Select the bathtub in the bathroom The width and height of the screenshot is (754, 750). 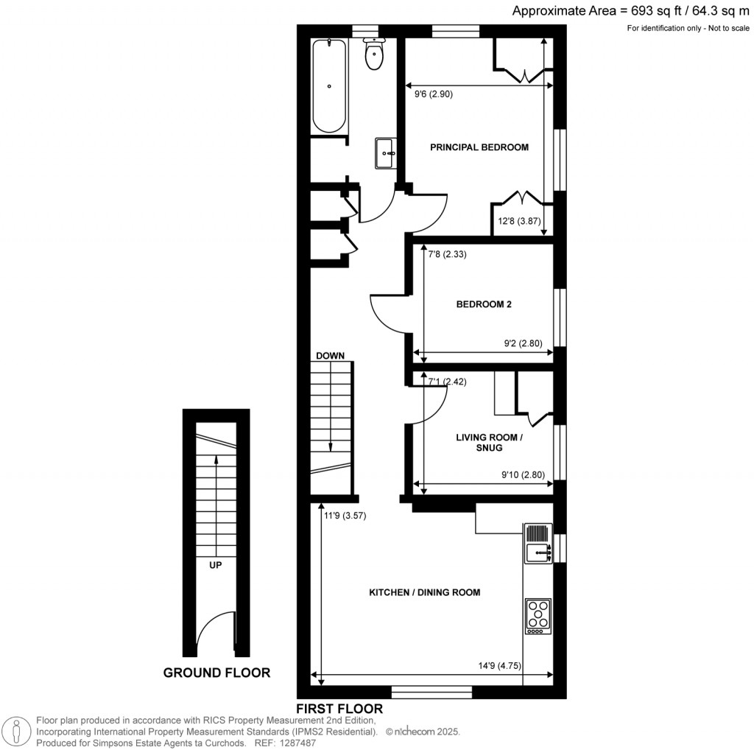(x=329, y=86)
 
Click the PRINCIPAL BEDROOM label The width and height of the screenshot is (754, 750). (x=479, y=147)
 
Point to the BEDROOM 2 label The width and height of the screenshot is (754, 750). (x=484, y=304)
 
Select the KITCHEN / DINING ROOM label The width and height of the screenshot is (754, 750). (x=425, y=592)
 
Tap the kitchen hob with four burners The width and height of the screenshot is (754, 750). (x=538, y=617)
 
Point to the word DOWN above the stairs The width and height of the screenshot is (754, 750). (x=331, y=356)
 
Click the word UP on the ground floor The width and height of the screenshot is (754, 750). (x=216, y=565)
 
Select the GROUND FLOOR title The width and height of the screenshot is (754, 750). (x=216, y=673)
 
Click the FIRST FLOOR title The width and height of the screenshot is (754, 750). (x=339, y=709)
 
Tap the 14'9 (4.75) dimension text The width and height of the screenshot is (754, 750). (x=511, y=666)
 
